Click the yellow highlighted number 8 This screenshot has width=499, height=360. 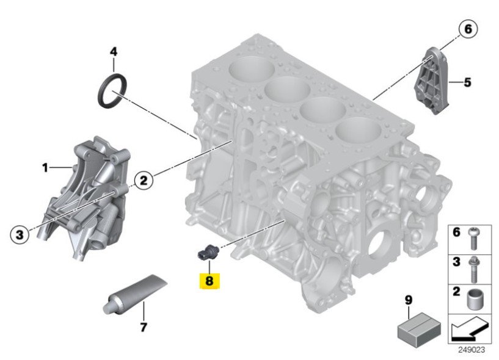209,281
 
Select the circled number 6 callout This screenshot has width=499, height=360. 468,29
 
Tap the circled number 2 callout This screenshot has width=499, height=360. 144,181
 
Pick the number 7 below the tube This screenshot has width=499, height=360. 144,326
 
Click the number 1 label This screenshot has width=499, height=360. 45,167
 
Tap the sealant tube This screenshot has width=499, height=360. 135,294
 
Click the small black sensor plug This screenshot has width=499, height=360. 207,251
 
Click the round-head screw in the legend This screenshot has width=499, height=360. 474,238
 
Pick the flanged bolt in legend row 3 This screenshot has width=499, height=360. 473,269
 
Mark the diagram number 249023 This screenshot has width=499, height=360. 472,350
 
